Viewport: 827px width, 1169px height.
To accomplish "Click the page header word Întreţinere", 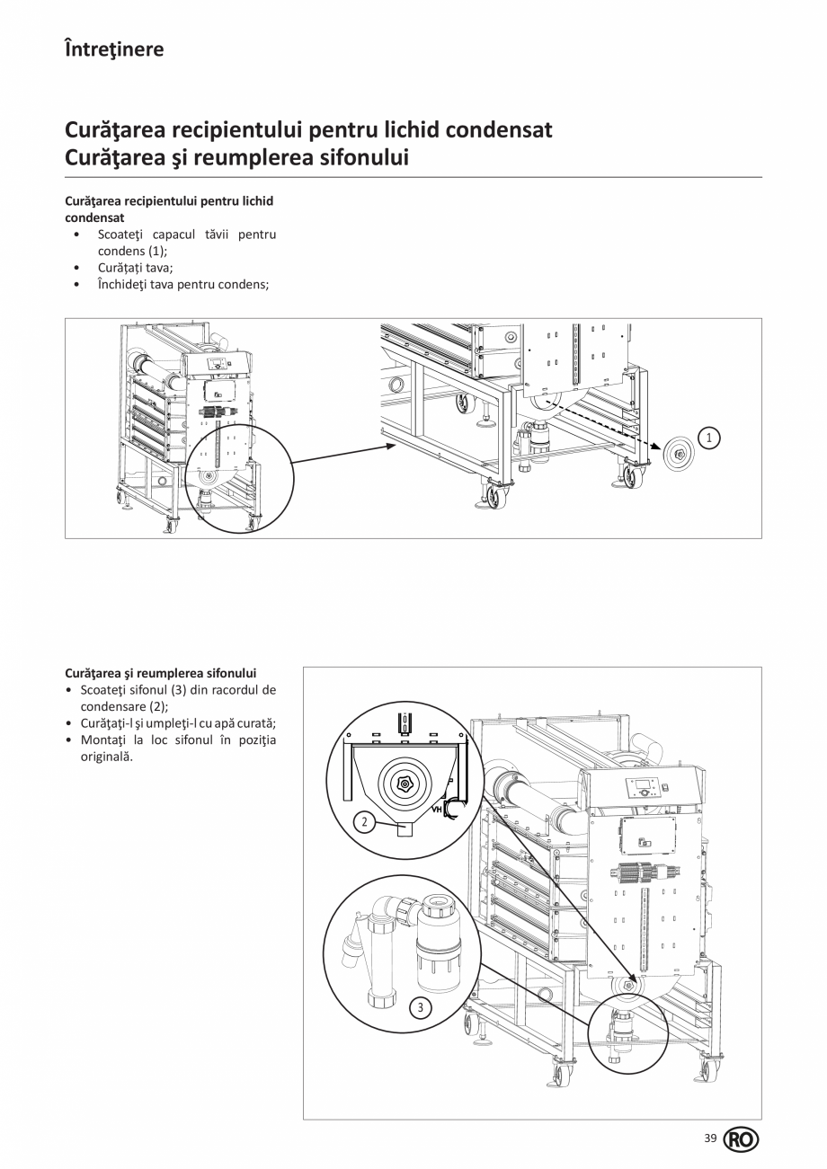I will click(114, 49).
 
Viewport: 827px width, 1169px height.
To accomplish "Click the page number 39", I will click(710, 1138).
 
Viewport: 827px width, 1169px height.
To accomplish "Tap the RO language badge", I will click(741, 1139).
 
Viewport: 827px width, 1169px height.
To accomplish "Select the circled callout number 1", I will click(709, 438).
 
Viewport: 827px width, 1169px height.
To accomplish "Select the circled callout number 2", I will click(364, 821).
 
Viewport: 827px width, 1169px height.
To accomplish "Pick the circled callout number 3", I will click(420, 1007).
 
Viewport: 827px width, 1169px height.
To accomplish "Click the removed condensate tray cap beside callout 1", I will click(679, 456).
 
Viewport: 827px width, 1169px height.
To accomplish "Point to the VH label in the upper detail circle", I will click(439, 810).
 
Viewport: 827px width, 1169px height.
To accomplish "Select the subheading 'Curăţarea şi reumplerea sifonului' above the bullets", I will click(161, 672).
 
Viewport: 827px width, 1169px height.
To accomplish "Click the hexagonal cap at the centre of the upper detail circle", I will click(405, 784).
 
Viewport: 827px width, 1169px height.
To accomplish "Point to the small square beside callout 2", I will click(405, 829).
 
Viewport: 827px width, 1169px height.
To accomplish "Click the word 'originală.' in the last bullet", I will click(107, 757).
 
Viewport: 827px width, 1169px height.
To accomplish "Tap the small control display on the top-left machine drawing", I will click(218, 364).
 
